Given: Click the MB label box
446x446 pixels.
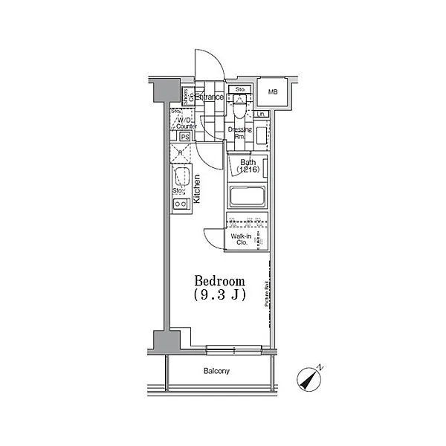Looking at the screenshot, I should point(273,91).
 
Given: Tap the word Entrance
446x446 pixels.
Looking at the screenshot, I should point(210,97).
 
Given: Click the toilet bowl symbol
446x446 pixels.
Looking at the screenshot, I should point(239,111).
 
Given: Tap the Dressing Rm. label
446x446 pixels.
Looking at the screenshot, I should point(239,133).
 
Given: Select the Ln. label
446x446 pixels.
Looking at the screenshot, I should point(262,114).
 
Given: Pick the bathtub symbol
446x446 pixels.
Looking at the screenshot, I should point(246,198).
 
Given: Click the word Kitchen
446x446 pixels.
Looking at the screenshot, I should point(198,190).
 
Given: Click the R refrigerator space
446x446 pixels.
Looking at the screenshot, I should point(181,154).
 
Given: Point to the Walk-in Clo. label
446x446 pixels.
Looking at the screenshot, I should point(242,239).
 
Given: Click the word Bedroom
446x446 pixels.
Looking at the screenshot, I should point(220,282).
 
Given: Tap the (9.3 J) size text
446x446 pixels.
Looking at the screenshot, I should point(220,296).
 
